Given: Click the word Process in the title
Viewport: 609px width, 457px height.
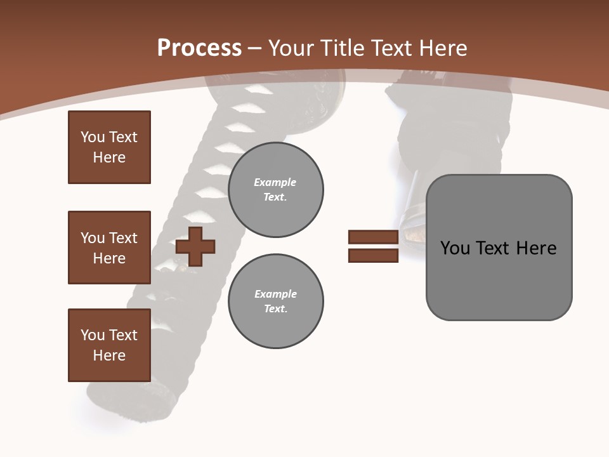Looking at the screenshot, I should click(x=199, y=48).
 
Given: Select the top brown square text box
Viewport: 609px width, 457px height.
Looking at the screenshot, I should click(x=109, y=147).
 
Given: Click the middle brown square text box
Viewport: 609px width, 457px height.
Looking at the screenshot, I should click(x=109, y=248).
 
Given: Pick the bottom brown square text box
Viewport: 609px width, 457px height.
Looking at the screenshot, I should click(x=109, y=345).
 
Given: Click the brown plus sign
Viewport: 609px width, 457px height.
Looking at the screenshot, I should click(x=195, y=246).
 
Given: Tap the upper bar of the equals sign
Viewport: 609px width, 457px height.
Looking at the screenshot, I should click(x=373, y=237).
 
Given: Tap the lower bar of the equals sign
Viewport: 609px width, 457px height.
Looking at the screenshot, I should click(x=373, y=256).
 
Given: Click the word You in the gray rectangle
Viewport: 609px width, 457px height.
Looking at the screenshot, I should click(x=455, y=248).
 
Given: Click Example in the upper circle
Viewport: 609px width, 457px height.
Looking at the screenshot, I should click(x=275, y=182).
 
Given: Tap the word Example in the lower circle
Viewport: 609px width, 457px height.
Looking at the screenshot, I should click(x=275, y=294).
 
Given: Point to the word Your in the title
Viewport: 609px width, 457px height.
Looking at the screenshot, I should click(x=292, y=48).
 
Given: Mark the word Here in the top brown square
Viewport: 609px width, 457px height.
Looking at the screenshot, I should click(x=109, y=157).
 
